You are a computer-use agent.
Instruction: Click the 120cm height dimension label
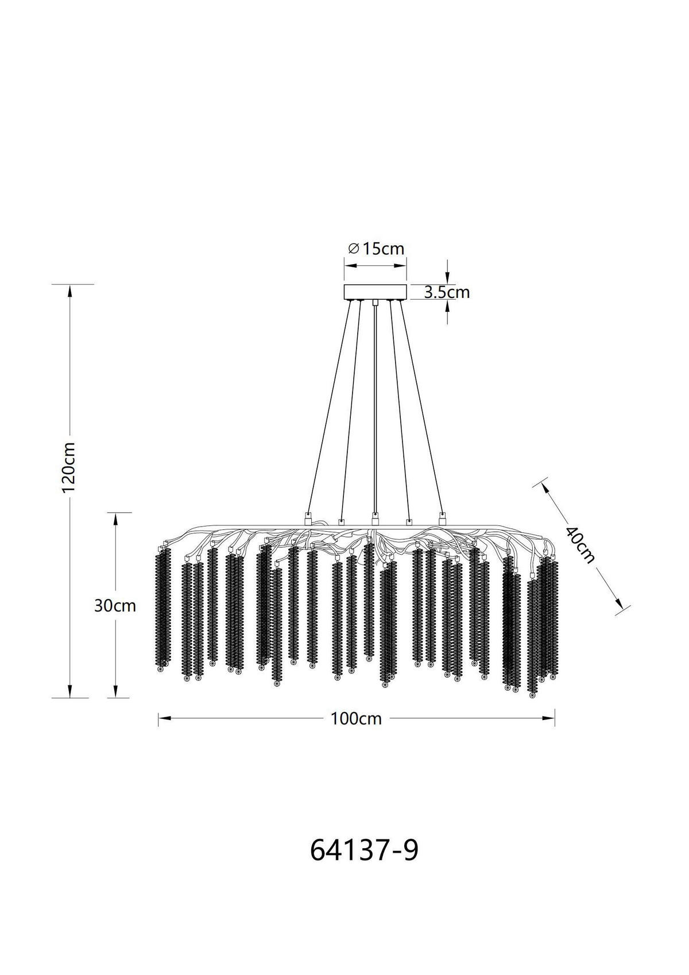click(x=69, y=467)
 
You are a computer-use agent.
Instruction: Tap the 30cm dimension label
click(x=115, y=606)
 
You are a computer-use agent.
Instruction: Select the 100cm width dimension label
click(x=356, y=718)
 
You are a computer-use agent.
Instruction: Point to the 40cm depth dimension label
click(x=580, y=544)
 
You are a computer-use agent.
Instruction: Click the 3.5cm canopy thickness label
click(x=447, y=292)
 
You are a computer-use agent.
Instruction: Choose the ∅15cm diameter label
click(x=376, y=249)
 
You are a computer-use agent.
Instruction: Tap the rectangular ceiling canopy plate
click(x=375, y=292)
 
